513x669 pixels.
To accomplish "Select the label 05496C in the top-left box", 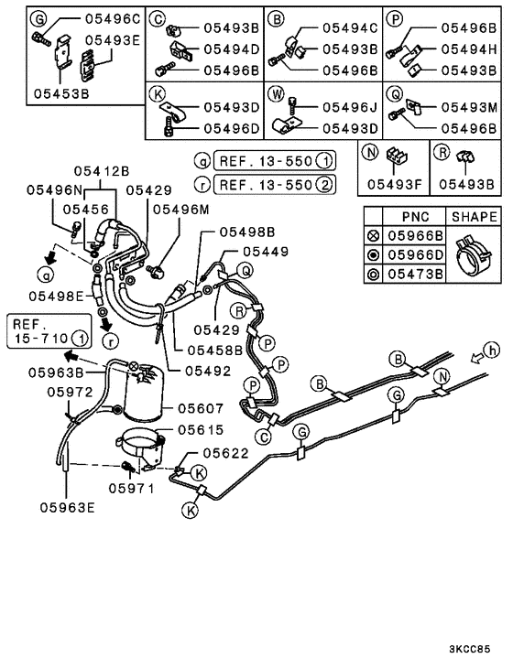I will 112,18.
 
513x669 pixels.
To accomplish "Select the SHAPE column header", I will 473,217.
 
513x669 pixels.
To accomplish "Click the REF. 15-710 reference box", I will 49,331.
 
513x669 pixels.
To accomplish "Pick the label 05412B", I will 103,170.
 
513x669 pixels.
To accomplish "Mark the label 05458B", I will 215,350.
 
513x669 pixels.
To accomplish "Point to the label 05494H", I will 468,49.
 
